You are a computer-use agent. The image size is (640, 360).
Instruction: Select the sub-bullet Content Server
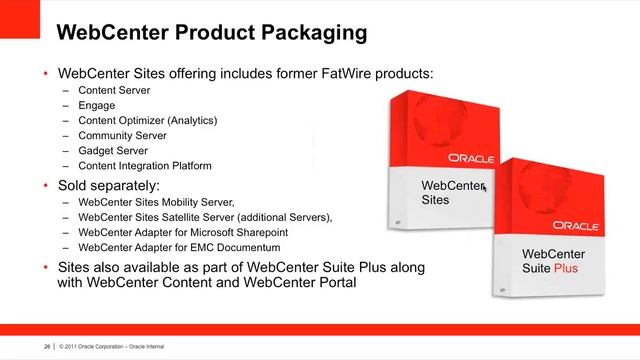(x=114, y=90)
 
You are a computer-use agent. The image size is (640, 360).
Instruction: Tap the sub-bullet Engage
(x=96, y=105)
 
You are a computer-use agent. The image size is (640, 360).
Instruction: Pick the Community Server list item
(x=121, y=135)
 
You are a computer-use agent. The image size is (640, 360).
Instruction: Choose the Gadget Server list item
(x=112, y=150)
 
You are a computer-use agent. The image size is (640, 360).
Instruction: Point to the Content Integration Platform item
(x=144, y=165)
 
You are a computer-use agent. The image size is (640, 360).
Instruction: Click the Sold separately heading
(x=109, y=186)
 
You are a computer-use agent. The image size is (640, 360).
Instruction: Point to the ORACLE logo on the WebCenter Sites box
(x=471, y=158)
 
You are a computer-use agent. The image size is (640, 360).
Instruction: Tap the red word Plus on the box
(x=566, y=268)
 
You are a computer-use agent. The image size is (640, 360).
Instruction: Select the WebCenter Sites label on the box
(x=451, y=192)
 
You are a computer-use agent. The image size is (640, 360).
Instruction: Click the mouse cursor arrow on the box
(x=484, y=187)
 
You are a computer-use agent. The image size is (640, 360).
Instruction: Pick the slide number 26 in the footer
(x=46, y=347)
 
